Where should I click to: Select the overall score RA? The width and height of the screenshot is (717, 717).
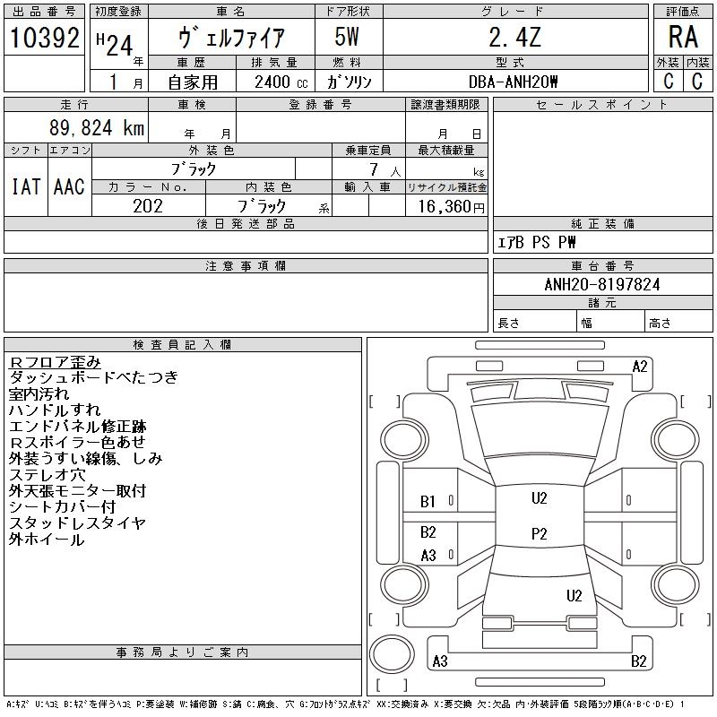(682, 38)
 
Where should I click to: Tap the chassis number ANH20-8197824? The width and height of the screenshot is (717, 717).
(602, 284)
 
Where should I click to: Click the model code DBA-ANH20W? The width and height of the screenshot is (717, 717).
(514, 82)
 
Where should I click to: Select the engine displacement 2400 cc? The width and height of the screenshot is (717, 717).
(275, 82)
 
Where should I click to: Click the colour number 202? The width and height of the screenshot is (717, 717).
(148, 205)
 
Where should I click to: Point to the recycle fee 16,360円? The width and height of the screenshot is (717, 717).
(447, 206)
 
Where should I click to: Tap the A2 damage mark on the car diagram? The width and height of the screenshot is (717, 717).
(640, 366)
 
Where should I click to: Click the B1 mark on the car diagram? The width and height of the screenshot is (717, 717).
(428, 502)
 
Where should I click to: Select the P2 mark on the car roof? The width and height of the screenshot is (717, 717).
(539, 533)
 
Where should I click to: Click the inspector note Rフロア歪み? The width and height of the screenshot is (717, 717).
(55, 362)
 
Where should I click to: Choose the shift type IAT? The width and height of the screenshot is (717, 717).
(25, 186)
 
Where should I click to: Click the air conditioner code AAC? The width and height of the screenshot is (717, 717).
(69, 186)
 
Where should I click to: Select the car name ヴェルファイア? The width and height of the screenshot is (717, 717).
(232, 39)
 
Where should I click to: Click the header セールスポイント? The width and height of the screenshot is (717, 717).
(602, 105)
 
